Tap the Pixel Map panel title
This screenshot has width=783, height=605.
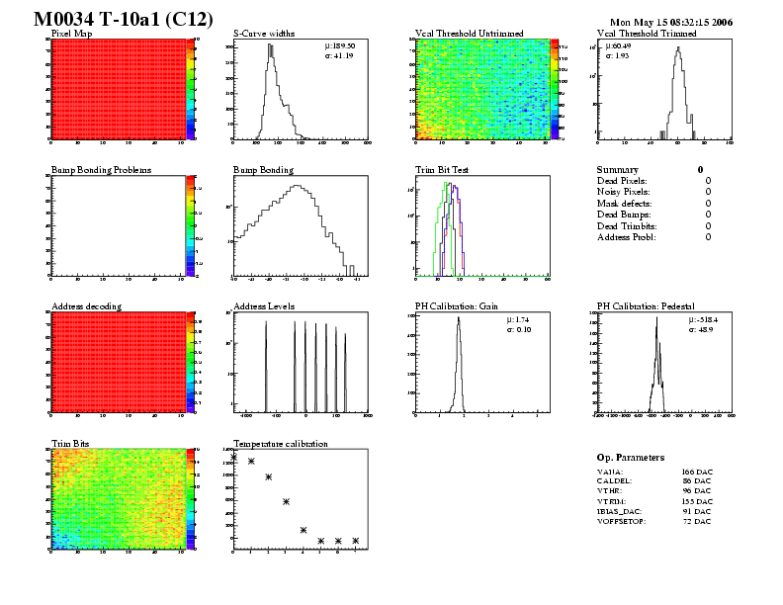click(71, 33)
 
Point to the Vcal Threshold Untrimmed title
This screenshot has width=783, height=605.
click(468, 33)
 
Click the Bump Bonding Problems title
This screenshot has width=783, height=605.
click(101, 170)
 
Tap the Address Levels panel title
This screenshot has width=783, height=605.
click(264, 306)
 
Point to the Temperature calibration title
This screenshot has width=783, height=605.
click(280, 444)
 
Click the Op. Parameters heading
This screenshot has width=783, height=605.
click(631, 458)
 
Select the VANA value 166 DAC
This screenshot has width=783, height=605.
click(697, 473)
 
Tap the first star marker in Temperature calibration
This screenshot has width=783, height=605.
click(233, 456)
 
